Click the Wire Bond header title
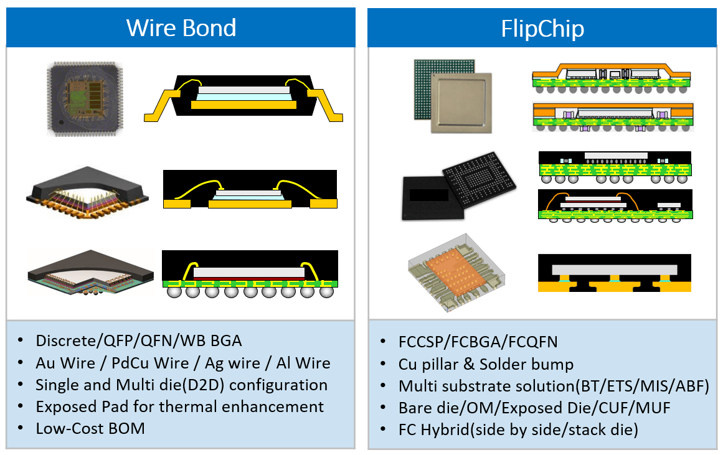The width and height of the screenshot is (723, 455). pyautogui.click(x=181, y=27)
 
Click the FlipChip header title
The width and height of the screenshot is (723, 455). pyautogui.click(x=542, y=29)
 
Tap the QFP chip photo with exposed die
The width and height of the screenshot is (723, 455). pyautogui.click(x=85, y=99)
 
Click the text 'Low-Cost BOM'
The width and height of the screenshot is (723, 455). pyautogui.click(x=90, y=428)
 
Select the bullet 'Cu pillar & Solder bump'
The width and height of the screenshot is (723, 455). pyautogui.click(x=486, y=364)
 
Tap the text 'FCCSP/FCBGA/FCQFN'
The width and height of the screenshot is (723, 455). pyautogui.click(x=478, y=342)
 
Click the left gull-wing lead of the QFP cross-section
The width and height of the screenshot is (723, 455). pyautogui.click(x=163, y=105)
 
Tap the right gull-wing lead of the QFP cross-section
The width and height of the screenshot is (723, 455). pyautogui.click(x=325, y=105)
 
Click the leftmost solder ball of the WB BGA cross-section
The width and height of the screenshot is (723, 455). pyautogui.click(x=174, y=291)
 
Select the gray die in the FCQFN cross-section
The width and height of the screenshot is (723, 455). pyautogui.click(x=614, y=270)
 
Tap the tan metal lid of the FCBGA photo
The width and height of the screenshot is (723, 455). pyautogui.click(x=461, y=103)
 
